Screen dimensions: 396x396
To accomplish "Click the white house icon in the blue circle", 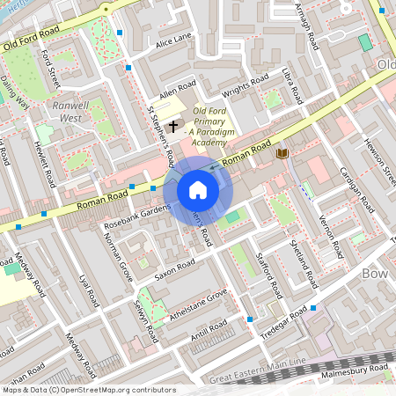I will (198, 190).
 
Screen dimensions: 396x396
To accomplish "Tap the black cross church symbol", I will (173, 127).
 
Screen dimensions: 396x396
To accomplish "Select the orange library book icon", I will (282, 154).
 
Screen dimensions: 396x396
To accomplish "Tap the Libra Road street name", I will (292, 81).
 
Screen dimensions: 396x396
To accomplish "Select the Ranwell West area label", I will (71, 110).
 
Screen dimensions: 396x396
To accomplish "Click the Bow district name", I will (375, 274).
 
